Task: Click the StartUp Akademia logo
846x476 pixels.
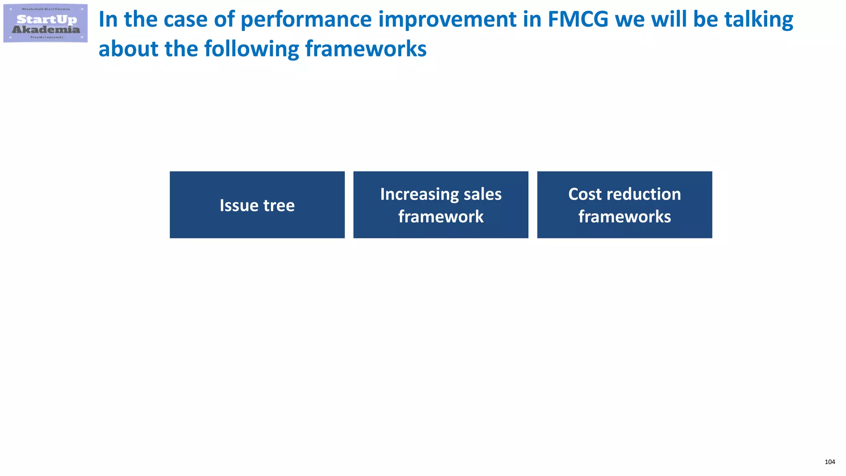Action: (x=45, y=24)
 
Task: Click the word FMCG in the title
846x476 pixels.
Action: (x=578, y=19)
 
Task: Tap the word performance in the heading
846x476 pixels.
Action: (x=306, y=19)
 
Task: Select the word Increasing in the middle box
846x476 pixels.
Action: (x=419, y=194)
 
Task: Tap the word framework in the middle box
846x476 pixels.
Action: (x=441, y=217)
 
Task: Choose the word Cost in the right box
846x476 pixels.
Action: (x=584, y=194)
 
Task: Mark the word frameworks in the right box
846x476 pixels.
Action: (x=625, y=217)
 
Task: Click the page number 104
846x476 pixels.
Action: (x=829, y=462)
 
